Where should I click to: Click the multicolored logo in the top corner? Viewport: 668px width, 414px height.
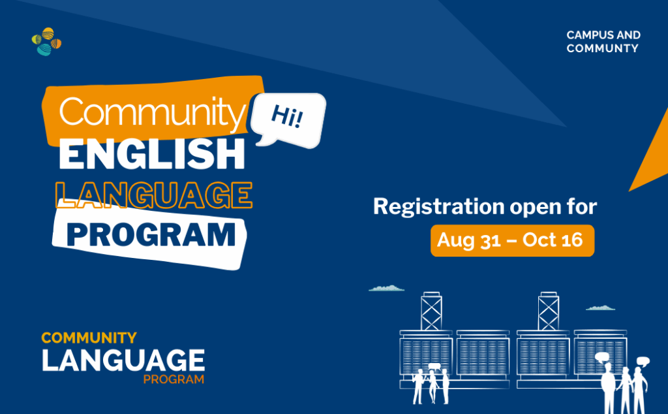[x=46, y=41]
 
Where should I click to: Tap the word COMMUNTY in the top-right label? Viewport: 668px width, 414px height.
[x=602, y=48]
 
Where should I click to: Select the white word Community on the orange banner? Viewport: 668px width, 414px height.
[x=153, y=112]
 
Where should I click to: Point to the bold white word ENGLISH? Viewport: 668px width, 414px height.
[x=152, y=154]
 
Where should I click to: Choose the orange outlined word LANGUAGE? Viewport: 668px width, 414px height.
[x=154, y=195]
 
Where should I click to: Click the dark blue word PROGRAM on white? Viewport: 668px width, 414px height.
[x=151, y=234]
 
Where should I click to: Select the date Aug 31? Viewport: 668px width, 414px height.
[x=468, y=240]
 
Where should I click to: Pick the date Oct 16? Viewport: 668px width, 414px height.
[x=553, y=240]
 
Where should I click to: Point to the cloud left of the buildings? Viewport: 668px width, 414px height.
[x=386, y=289]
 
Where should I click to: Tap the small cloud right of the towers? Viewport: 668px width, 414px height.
[x=600, y=308]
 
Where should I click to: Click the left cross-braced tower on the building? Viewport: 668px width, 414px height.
[x=431, y=311]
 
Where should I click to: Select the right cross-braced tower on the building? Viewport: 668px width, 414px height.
[x=548, y=311]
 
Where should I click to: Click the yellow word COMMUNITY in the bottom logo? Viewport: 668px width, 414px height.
[x=89, y=338]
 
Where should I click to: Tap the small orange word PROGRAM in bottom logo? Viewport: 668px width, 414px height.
[x=174, y=379]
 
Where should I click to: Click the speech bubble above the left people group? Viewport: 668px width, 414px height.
[x=434, y=366]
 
